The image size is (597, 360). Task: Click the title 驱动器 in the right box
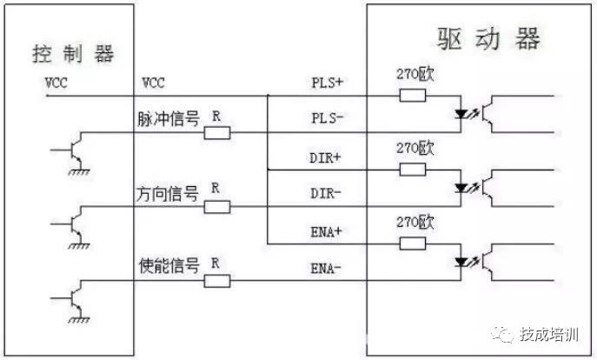[x=488, y=39]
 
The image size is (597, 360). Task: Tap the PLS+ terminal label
[x=328, y=83]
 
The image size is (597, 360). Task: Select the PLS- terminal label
[x=328, y=117]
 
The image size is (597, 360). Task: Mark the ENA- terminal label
[x=328, y=268]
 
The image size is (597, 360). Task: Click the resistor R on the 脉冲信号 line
[x=217, y=132]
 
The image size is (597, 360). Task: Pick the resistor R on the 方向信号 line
[x=217, y=206]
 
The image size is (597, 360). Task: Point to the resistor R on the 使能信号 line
[x=217, y=280]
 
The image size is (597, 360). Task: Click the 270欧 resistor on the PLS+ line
[x=412, y=95]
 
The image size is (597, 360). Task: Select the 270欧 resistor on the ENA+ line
[x=412, y=242]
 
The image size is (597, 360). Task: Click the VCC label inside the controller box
[x=56, y=83]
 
